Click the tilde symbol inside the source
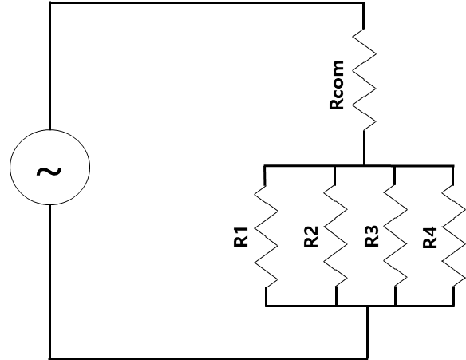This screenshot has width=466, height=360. click(49, 172)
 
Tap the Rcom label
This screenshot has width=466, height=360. click(337, 85)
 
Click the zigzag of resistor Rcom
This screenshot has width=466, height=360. click(364, 80)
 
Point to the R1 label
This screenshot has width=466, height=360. click(241, 236)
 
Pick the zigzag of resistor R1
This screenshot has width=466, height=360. click(266, 236)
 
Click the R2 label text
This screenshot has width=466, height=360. click(311, 237)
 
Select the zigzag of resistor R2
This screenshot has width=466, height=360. click(335, 236)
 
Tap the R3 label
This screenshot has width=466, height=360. click(372, 236)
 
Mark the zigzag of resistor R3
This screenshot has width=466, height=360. click(395, 236)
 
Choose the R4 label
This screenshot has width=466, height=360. click(430, 237)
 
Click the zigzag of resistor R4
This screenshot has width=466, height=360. click(454, 236)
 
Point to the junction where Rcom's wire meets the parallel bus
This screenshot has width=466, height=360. click(364, 165)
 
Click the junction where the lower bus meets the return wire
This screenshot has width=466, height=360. click(368, 306)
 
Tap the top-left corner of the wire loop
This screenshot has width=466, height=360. click(50, 3)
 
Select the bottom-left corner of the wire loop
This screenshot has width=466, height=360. click(50, 358)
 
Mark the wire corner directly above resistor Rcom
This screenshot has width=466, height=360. click(364, 3)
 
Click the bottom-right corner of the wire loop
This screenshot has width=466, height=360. click(368, 358)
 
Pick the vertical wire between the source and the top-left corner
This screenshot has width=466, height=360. click(50, 66)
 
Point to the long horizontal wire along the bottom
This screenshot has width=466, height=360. click(208, 358)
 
